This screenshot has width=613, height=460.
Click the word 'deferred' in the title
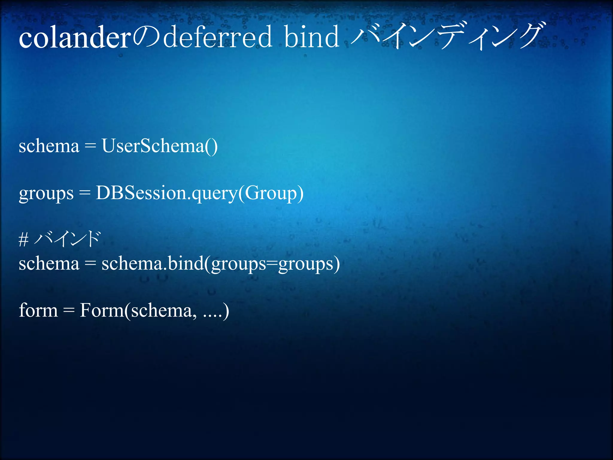pos(217,37)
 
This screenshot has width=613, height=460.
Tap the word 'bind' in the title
pos(312,37)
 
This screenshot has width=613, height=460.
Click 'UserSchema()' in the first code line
pos(160,146)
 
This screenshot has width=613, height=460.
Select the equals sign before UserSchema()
pos(90,146)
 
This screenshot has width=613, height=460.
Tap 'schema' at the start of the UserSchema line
pos(49,146)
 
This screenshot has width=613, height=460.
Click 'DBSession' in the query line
pos(141,193)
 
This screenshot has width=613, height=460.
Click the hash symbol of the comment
pos(24,240)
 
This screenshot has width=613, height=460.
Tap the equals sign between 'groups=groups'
pos(272,264)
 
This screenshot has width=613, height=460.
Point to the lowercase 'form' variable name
pos(38,310)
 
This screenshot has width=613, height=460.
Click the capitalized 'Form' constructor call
pos(101,310)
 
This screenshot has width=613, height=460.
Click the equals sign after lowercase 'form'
pos(69,311)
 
